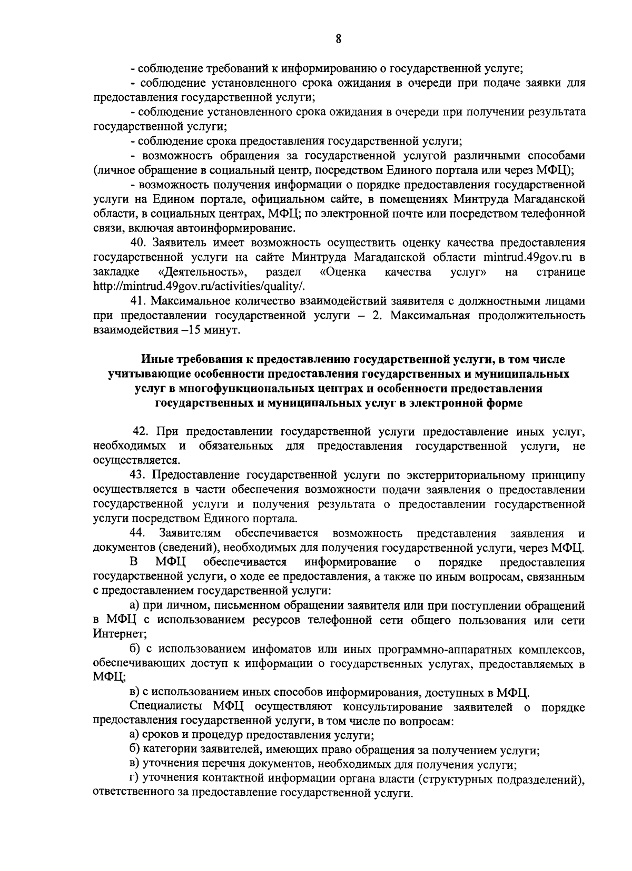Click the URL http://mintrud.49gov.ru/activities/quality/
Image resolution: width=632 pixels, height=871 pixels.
[199, 286]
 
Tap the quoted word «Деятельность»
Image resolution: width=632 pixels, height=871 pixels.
[203, 272]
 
